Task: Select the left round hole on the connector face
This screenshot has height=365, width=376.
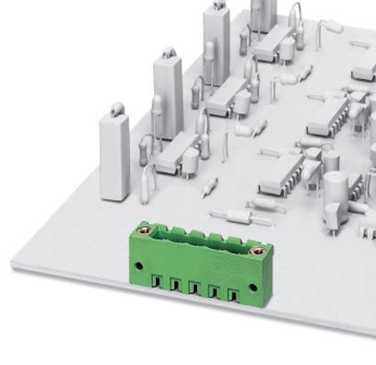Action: (140, 266)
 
